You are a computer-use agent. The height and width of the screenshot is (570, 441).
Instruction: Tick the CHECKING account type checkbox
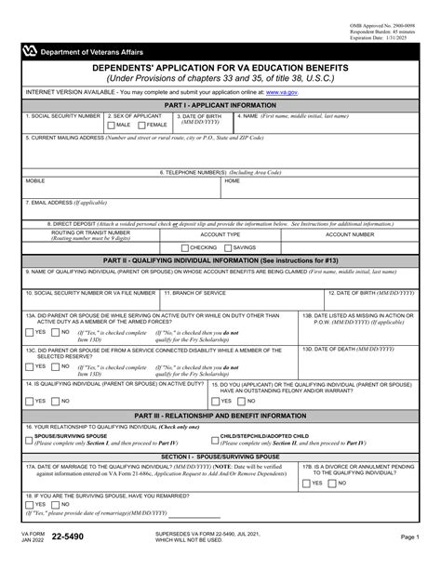185,247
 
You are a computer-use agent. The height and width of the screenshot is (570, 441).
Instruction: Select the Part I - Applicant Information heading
220,105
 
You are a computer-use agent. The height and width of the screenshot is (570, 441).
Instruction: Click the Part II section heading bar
220,259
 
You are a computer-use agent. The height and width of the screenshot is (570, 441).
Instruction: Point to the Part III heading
220,415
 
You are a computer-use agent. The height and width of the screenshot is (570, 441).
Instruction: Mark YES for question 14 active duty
30,401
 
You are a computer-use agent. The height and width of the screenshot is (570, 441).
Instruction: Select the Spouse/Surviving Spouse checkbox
30,438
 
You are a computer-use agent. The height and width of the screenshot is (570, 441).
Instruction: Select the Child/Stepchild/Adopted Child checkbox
214,438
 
